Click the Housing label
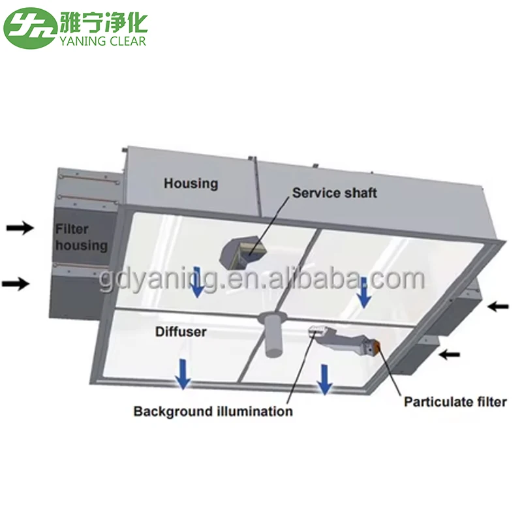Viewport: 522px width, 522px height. click(191, 183)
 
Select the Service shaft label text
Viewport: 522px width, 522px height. click(334, 192)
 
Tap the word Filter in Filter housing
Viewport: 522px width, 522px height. click(71, 230)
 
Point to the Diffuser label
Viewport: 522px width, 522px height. click(181, 332)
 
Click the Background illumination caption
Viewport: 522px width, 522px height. click(213, 412)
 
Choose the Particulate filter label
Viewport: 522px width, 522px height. click(455, 401)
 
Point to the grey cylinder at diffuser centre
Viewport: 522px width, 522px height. click(273, 337)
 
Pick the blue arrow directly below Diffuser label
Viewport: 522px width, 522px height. click(185, 375)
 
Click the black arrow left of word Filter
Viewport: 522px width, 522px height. click(20, 228)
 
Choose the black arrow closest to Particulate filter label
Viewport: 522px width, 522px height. click(450, 355)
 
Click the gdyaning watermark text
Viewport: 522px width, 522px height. click(261, 281)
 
